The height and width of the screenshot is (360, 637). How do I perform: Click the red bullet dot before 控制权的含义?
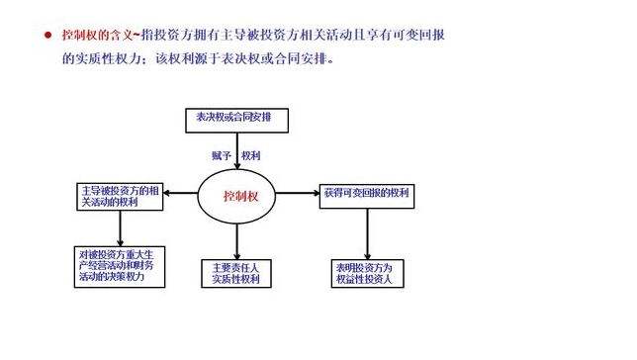[x=46, y=35]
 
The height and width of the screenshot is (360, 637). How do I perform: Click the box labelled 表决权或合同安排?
[x=235, y=120]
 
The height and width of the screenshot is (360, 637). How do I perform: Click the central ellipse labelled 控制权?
[x=239, y=196]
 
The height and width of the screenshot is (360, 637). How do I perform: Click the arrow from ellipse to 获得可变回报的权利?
[x=300, y=194]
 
